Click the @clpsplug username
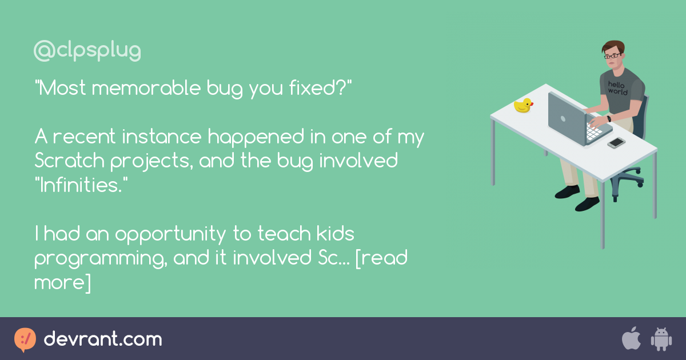coord(87,51)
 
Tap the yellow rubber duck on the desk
coord(523,105)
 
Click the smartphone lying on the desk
coord(616,142)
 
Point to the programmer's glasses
coord(612,56)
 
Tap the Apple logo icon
coord(631,339)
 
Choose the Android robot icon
coord(661,339)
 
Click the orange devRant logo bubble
coord(25,339)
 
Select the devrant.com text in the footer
coord(103,339)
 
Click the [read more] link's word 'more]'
coord(62,282)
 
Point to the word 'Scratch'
coord(70,162)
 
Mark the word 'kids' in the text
coord(333,234)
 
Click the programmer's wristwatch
coord(609,119)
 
